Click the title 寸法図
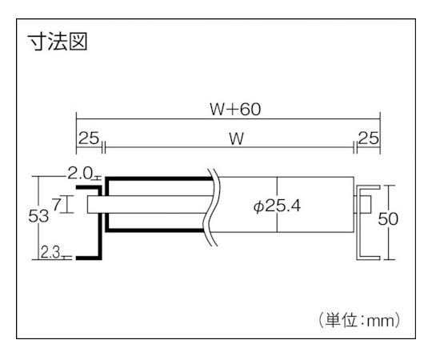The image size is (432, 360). (58, 42)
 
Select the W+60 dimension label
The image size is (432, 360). (235, 109)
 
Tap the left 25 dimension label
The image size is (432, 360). (89, 138)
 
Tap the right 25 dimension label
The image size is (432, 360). (369, 138)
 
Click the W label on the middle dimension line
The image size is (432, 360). (237, 139)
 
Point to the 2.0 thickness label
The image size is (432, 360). (79, 174)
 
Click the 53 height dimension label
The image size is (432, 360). (38, 216)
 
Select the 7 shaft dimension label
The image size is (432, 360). (57, 205)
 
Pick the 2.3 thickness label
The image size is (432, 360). (50, 253)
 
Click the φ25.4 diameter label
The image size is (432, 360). (277, 206)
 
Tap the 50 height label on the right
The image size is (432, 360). (388, 219)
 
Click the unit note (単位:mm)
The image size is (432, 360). (359, 320)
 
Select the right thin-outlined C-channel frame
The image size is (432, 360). (358, 222)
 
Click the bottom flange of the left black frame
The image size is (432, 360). (89, 258)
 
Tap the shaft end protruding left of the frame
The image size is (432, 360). (94, 204)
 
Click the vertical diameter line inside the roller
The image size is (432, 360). (277, 204)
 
